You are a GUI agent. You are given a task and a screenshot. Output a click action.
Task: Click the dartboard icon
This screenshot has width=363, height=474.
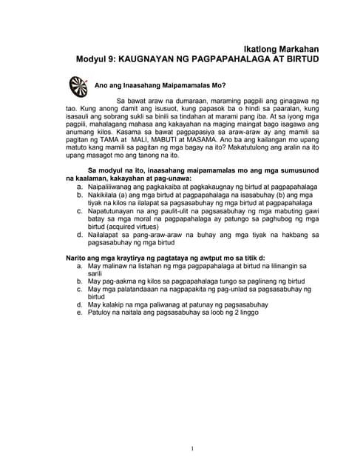coord(77,86)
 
